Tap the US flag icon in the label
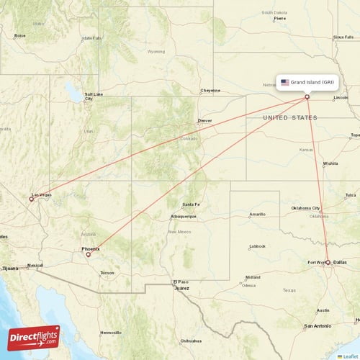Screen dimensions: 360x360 pyautogui.click(x=285, y=82)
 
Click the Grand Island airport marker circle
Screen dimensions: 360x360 pyautogui.click(x=307, y=97)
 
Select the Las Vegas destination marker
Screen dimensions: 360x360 pyautogui.click(x=31, y=198)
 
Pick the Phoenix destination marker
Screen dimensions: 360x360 pyautogui.click(x=88, y=254)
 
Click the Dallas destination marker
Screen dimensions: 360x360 pyautogui.click(x=328, y=263)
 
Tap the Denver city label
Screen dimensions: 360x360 pyautogui.click(x=205, y=122)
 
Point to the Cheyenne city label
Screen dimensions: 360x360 pyautogui.click(x=210, y=91)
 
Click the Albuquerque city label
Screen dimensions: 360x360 pyautogui.click(x=183, y=216)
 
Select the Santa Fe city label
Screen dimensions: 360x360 pyautogui.click(x=192, y=204)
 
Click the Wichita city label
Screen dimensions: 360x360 pyautogui.click(x=330, y=163)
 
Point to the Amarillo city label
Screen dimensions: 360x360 pyautogui.click(x=257, y=214)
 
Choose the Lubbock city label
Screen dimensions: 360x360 pyautogui.click(x=257, y=246)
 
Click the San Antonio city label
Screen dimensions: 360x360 pyautogui.click(x=317, y=326)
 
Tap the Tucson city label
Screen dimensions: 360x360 pyautogui.click(x=107, y=273)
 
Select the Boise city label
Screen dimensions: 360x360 pyautogui.click(x=20, y=35)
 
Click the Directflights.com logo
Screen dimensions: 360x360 pyautogui.click(x=34, y=337)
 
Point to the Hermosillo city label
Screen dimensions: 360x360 pyautogui.click(x=111, y=333)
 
